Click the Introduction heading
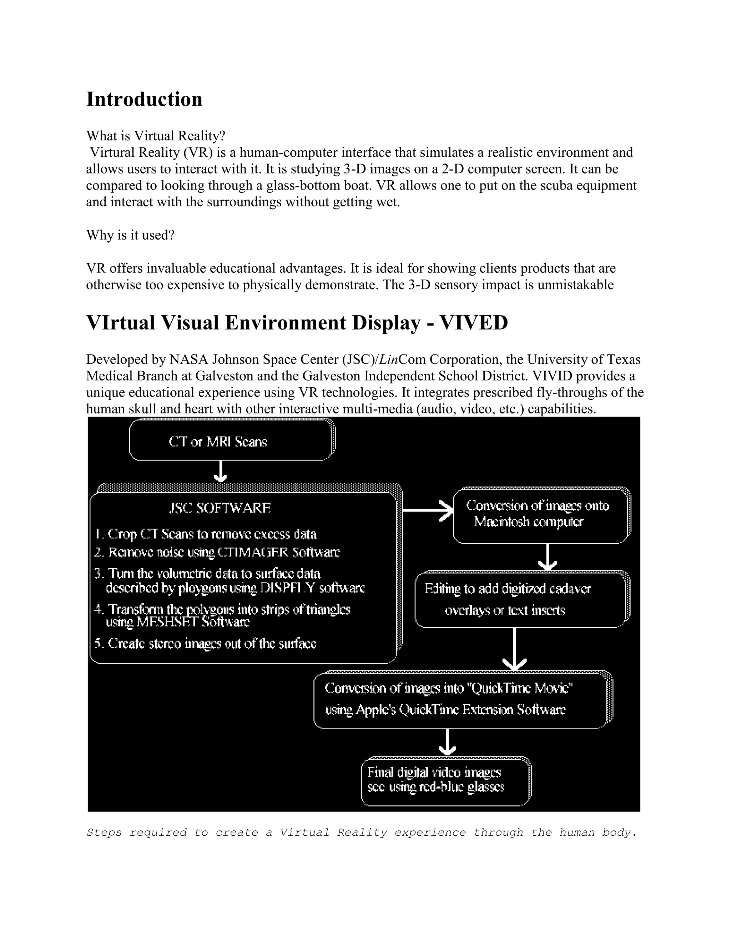pos(144,99)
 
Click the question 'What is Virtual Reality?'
pos(156,136)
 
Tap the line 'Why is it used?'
pos(130,235)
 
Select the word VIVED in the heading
pos(473,323)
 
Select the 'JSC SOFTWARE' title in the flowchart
pos(220,508)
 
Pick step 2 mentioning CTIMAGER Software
pos(217,552)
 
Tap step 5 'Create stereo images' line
pos(206,643)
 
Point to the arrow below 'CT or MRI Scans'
pos(221,472)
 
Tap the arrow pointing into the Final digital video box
pos(447,742)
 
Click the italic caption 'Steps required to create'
pos(362,832)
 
